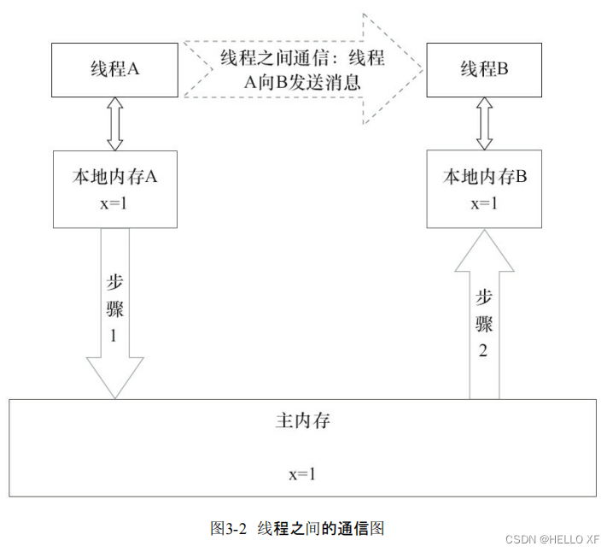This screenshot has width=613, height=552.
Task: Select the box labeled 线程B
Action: tap(484, 70)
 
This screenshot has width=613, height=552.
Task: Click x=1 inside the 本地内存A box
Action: tap(115, 205)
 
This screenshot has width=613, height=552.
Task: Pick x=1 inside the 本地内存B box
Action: tap(484, 204)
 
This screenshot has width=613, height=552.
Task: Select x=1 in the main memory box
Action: tap(302, 473)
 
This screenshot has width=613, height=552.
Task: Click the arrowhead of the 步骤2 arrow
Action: tap(484, 254)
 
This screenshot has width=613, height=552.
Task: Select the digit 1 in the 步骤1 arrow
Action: tap(114, 336)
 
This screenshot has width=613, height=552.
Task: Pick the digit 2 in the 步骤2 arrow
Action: tap(484, 351)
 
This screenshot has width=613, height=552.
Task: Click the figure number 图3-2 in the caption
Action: tap(228, 528)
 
